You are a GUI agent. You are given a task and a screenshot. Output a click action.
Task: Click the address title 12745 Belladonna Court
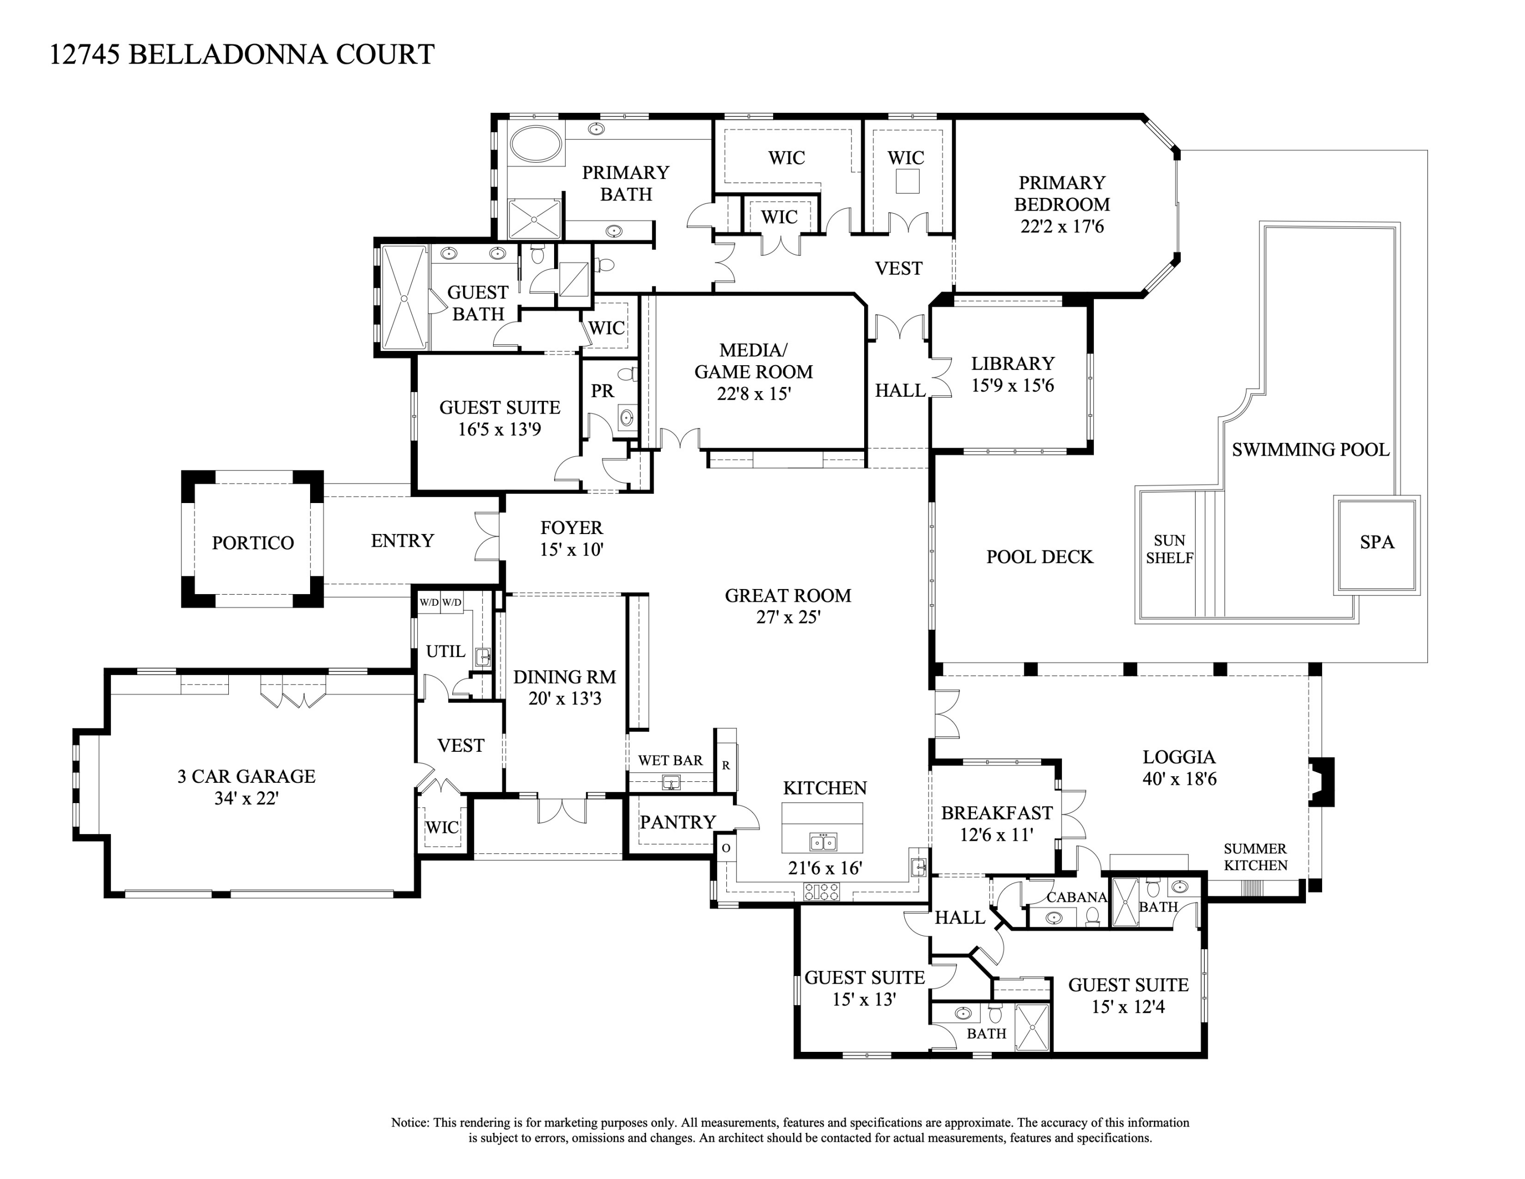241,54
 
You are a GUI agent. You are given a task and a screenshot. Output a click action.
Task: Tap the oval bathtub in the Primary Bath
536,144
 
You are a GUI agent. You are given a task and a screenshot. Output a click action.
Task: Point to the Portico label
253,543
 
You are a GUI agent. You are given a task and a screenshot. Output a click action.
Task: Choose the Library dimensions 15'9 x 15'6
1013,386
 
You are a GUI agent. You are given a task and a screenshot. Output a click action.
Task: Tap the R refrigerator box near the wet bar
726,765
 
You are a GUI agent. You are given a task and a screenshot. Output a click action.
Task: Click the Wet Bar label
670,760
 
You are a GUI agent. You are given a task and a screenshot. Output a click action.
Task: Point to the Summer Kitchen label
1255,857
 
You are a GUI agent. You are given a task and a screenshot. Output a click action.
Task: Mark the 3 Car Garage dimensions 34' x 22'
247,799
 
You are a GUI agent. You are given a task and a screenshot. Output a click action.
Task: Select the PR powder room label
602,391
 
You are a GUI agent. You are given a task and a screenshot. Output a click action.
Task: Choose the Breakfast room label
996,813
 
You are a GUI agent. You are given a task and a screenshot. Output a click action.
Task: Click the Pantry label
677,822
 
